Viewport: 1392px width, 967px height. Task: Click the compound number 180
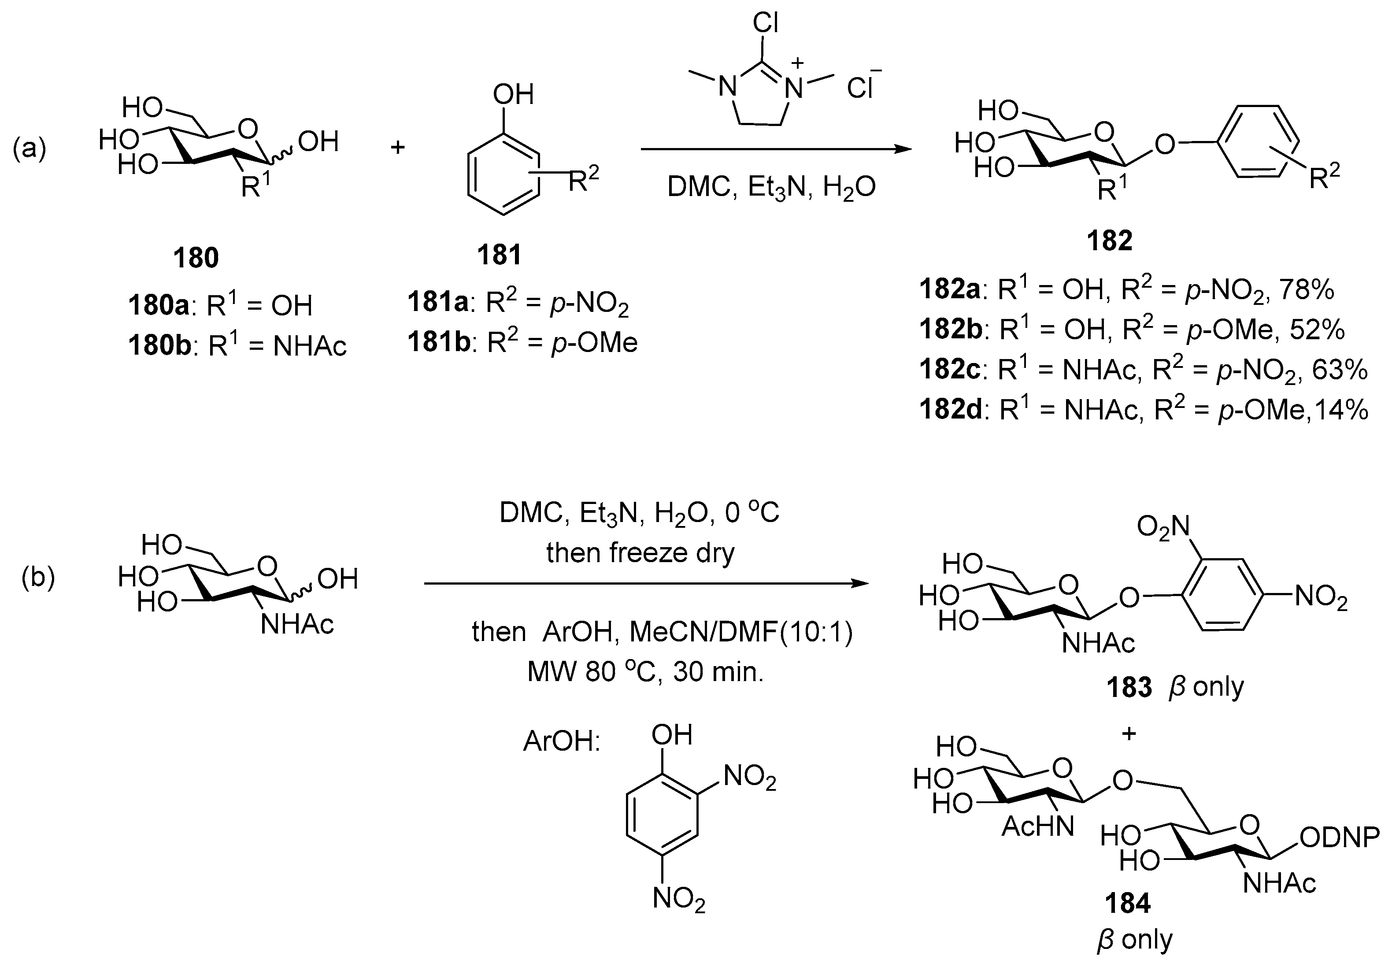[x=196, y=258]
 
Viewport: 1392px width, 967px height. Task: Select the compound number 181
[x=499, y=255]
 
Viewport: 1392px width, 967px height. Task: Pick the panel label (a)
[x=30, y=148]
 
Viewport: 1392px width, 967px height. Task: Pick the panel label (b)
[x=38, y=578]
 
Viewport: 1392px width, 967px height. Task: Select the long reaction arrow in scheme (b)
[x=646, y=583]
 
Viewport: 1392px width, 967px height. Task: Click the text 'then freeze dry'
[x=640, y=552]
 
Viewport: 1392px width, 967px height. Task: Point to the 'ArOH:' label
[x=562, y=741]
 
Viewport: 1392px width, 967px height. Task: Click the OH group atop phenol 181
[x=513, y=95]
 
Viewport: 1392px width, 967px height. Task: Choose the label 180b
[x=160, y=346]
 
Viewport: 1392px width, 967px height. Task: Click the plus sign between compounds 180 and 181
[x=397, y=147]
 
